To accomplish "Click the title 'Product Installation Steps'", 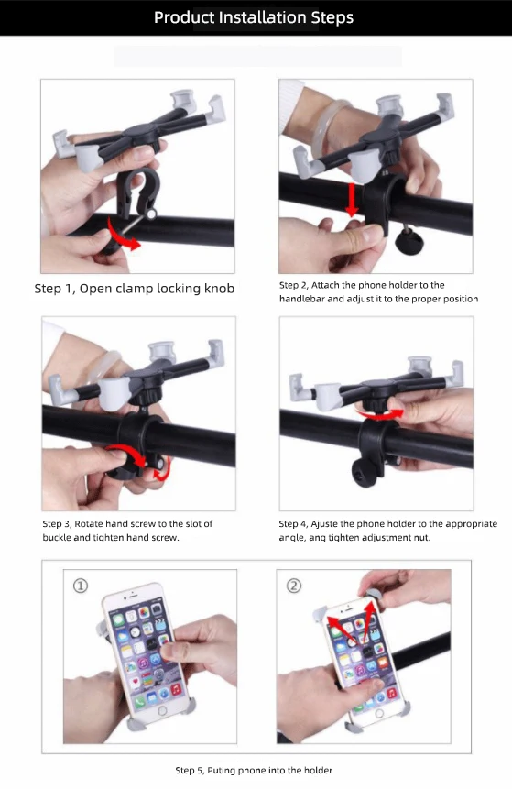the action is click(254, 17).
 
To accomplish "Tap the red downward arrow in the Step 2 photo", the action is click(352, 200).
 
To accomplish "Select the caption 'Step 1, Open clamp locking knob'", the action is click(135, 289).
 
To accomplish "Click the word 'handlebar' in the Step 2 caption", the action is click(301, 299).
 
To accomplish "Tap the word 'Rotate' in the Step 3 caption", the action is click(89, 524).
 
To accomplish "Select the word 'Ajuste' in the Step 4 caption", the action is click(324, 524).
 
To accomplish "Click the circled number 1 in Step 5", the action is click(81, 586).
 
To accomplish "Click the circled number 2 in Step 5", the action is click(294, 586).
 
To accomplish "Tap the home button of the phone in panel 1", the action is click(162, 711).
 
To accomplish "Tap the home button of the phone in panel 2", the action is click(379, 714).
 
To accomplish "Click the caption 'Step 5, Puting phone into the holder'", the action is click(254, 771).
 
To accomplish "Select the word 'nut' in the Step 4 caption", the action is click(422, 538).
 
